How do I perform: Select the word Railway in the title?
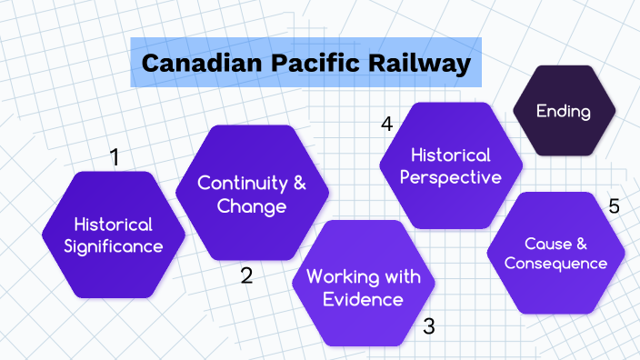[x=406, y=64]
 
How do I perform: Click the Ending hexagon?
[x=564, y=112]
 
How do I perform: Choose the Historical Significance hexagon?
[x=114, y=235]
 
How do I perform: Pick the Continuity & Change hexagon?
[x=252, y=195]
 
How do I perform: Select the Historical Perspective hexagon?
[x=451, y=165]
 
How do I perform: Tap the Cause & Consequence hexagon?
[x=555, y=254]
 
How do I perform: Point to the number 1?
[x=115, y=157]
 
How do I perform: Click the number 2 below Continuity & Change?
[x=246, y=275]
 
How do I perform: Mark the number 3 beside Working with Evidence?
[x=429, y=325]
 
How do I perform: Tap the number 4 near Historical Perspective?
[x=386, y=124]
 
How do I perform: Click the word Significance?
[x=114, y=246]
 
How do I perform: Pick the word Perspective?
[x=451, y=177]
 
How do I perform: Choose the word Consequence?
[x=555, y=264]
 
